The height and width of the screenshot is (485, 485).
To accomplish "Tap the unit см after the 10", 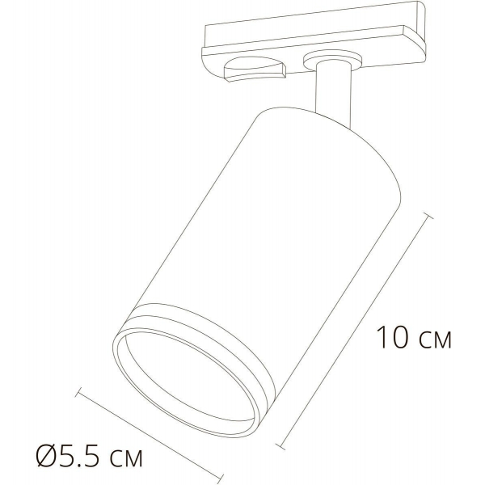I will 433,339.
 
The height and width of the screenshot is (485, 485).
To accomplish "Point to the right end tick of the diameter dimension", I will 221,476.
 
